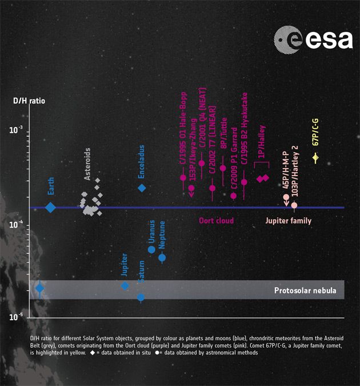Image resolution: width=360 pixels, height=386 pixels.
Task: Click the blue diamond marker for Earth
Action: [50, 207]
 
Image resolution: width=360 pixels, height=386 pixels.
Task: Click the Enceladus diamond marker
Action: [142, 188]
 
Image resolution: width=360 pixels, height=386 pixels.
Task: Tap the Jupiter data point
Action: [125, 285]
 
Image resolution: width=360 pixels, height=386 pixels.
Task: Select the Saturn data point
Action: [141, 297]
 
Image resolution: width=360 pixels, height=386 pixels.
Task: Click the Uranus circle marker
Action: [151, 249]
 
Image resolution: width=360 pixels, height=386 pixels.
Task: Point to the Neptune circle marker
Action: [162, 257]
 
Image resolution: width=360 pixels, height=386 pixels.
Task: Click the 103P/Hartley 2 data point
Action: [294, 205]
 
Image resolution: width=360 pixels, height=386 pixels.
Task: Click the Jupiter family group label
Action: [288, 220]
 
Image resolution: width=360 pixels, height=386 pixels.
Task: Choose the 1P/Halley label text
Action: [261, 143]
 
